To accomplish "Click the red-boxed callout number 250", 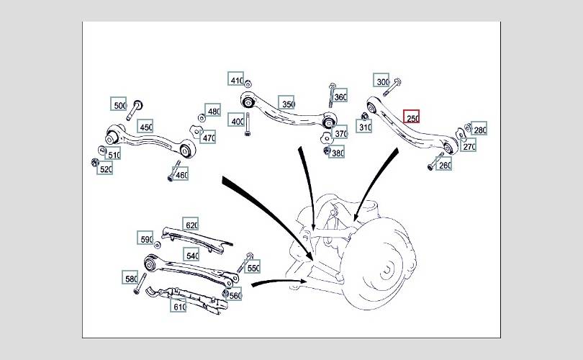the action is coord(412,117).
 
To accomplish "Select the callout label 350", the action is coord(286,103).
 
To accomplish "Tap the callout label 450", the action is coord(145,126).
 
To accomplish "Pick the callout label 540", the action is coord(191,254).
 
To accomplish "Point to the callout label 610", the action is coord(178,305).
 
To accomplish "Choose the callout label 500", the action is coord(119,104).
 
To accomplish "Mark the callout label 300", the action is coord(381,81).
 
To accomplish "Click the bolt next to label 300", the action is coord(392,87).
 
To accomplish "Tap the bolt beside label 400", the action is coord(248,125).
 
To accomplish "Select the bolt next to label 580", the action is coord(140,284).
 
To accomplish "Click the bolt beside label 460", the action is coord(173,171).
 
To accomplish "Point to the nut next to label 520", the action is coord(94,162).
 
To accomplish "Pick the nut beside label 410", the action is coord(248,84).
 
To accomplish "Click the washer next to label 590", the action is coord(158,244).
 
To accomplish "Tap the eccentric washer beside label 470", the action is coord(196,131).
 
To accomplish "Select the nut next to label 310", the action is coord(365,117).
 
